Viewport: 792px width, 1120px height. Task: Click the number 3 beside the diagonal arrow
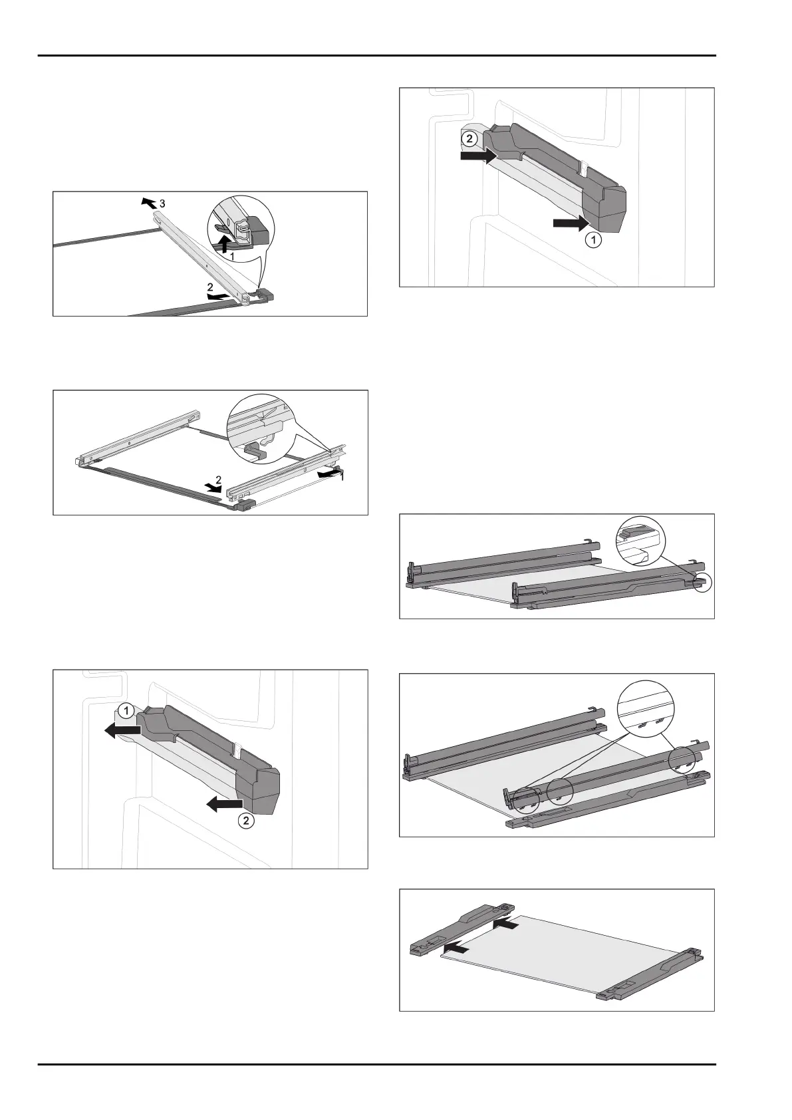[x=162, y=204]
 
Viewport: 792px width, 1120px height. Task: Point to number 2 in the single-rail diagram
[x=210, y=287]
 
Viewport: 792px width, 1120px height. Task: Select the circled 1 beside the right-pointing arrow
[x=593, y=241]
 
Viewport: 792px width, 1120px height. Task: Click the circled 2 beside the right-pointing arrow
[x=469, y=139]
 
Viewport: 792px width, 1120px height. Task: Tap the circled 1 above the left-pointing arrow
[x=126, y=710]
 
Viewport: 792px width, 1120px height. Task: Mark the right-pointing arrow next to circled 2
[x=478, y=156]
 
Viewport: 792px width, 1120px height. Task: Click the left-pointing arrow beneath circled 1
[x=122, y=731]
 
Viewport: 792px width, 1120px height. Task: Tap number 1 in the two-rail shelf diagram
[x=342, y=478]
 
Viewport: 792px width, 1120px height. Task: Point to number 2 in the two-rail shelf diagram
[x=218, y=480]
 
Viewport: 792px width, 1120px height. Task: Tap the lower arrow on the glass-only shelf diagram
[x=456, y=946]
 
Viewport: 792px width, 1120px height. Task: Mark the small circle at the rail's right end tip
[x=702, y=583]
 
